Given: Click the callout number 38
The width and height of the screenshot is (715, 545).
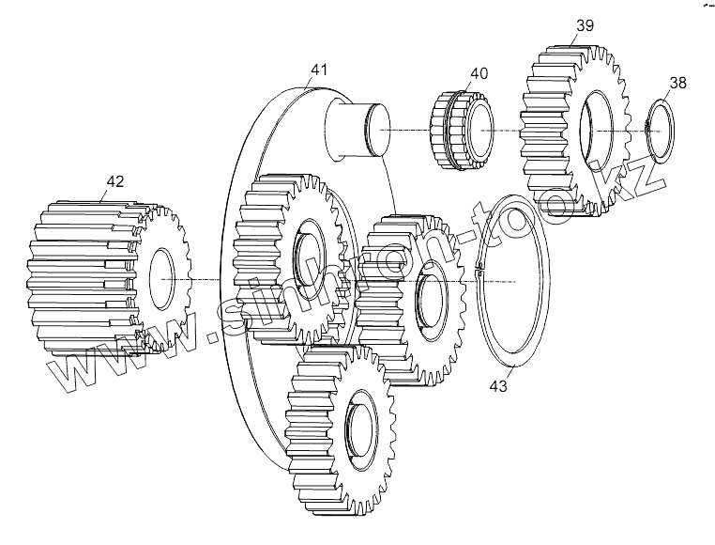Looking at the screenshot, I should pos(677,83).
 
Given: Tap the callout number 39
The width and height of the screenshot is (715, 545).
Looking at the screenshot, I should pos(584,25).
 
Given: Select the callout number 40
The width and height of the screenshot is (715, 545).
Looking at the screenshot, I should pos(479,72).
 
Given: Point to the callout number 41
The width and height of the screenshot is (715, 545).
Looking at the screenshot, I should pos(319,69).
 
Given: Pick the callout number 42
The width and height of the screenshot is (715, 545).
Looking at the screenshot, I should pos(114,180).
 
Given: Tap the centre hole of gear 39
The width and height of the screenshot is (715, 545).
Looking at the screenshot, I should pos(598,132).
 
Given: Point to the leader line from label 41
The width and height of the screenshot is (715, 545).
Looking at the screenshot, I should pos(314,83).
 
